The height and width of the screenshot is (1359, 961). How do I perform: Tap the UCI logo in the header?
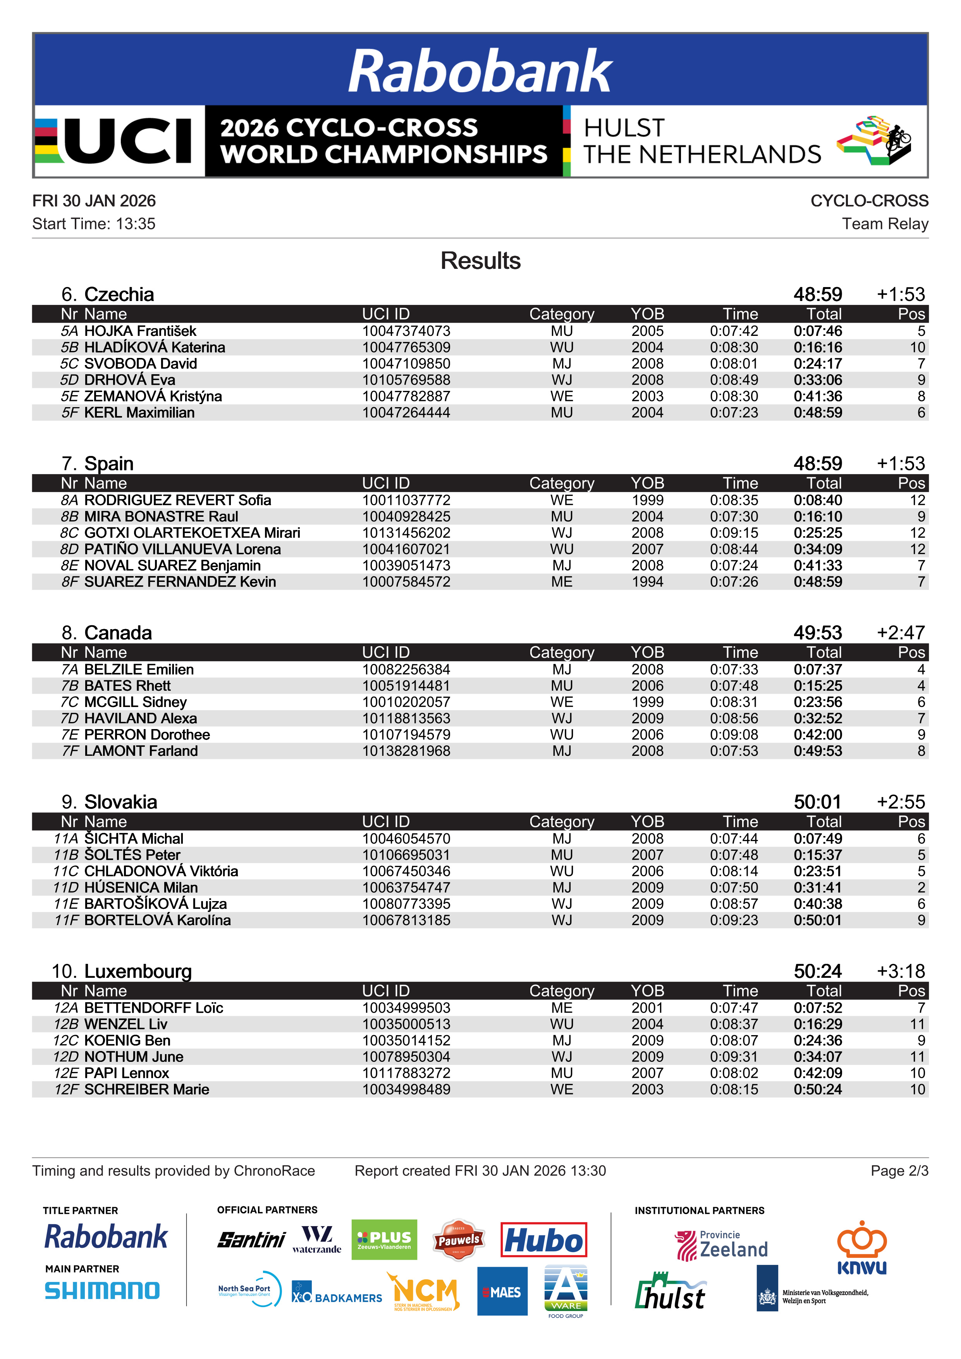(119, 141)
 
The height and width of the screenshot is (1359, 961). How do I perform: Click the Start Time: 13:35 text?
(93, 224)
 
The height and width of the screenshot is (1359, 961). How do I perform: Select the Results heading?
(480, 261)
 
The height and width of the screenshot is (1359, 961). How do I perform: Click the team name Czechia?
(119, 294)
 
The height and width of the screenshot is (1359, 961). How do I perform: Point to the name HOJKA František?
(140, 331)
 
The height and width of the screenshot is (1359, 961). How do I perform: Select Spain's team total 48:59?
(817, 463)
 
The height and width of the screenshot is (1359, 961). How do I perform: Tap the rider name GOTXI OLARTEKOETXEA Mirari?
(193, 533)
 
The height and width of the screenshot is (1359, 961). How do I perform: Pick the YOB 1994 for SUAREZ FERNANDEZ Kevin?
(647, 582)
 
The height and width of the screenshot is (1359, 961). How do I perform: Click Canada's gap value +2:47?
(900, 633)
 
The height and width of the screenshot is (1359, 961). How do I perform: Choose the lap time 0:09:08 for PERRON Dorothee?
(734, 735)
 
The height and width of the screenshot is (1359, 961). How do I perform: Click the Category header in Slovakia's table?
(562, 822)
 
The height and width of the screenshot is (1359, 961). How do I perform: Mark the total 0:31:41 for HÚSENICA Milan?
(817, 887)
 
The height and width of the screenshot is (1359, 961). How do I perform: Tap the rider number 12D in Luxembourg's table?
(66, 1056)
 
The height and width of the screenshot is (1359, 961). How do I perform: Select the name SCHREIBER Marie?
(147, 1089)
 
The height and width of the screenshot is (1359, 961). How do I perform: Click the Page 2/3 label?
(899, 1171)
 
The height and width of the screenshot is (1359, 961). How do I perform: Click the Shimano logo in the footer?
(102, 1291)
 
